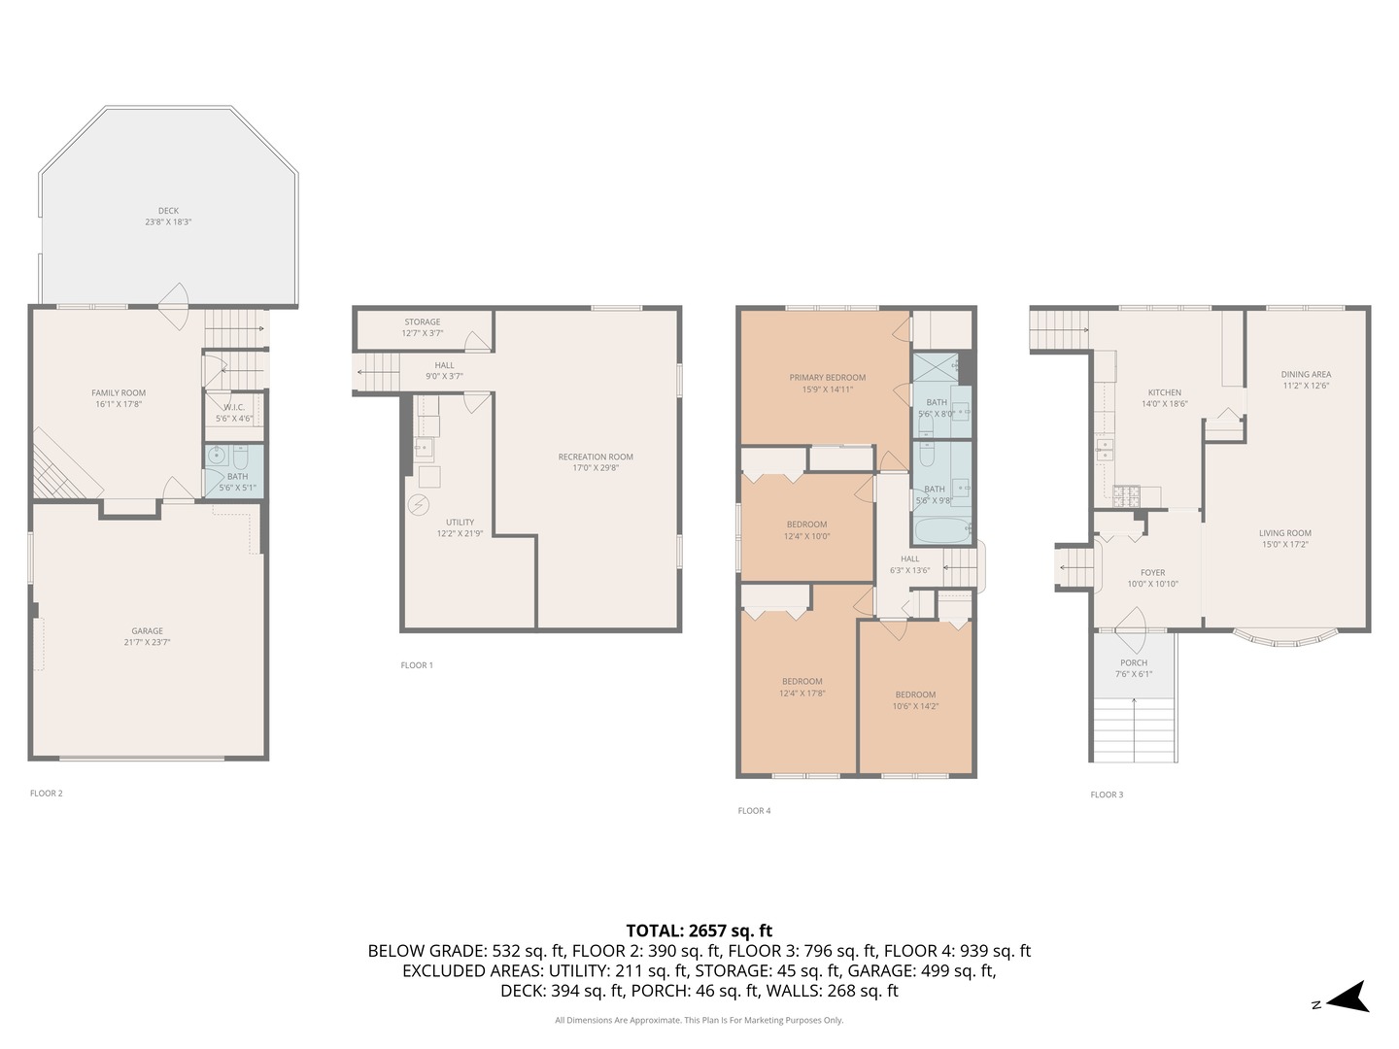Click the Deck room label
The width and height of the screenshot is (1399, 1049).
point(168,211)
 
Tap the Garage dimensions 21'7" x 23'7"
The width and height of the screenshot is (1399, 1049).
point(148,642)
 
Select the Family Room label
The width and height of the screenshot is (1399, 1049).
point(119,393)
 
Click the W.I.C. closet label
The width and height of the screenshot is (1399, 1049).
point(234,408)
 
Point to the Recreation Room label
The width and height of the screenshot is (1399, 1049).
point(596,457)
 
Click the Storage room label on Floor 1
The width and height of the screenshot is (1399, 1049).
point(423,321)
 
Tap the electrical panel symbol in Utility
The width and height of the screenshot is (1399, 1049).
point(418,505)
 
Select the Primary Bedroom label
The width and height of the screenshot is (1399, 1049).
point(827,378)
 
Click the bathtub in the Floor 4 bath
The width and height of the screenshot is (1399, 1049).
point(940,531)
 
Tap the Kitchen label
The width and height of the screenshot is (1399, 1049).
point(1165,392)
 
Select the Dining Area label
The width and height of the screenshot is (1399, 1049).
point(1306,374)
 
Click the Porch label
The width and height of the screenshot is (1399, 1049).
point(1134,663)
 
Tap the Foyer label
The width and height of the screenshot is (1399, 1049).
point(1152,573)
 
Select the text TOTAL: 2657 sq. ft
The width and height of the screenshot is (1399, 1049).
point(699,931)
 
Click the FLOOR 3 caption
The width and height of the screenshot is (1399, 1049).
point(1107,795)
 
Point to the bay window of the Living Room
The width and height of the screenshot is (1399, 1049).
point(1285,639)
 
